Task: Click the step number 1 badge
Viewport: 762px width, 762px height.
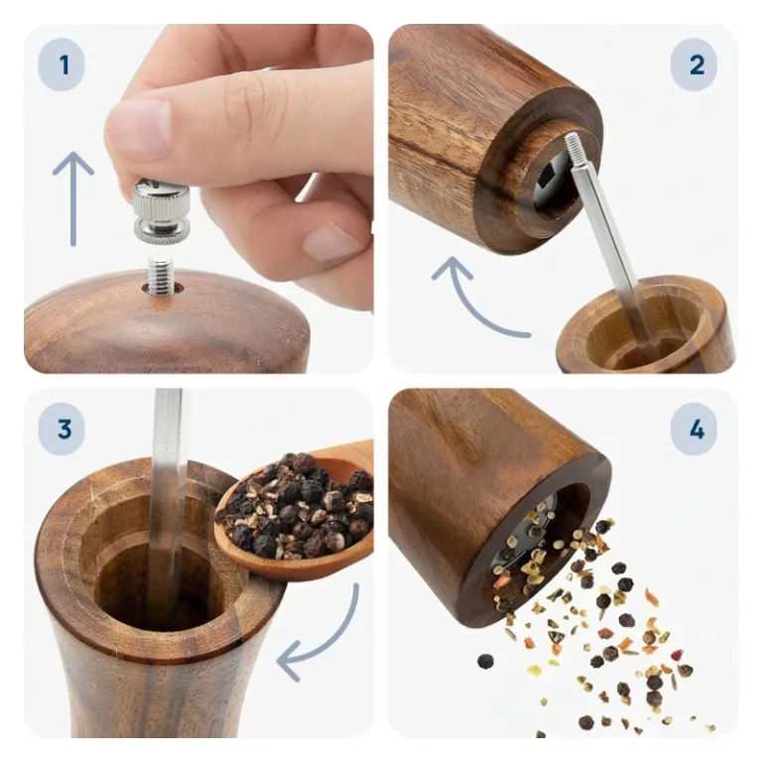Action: [x=62, y=65]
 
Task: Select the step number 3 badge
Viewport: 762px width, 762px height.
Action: [x=62, y=430]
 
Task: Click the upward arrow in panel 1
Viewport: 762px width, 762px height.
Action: [x=72, y=198]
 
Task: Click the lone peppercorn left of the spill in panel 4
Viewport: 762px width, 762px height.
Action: [x=485, y=662]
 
